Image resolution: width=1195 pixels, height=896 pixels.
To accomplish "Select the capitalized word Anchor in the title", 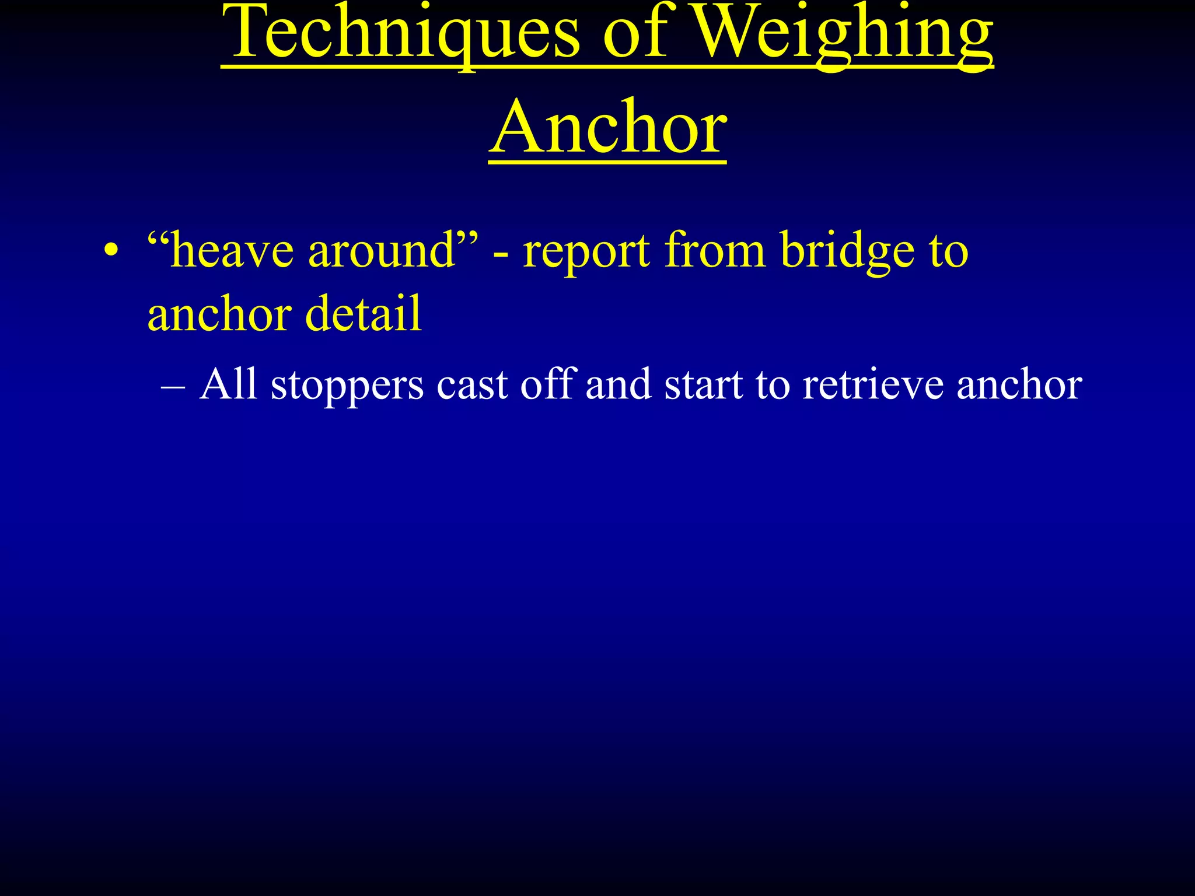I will point(608,128).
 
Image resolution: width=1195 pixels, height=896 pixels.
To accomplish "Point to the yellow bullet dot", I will point(111,252).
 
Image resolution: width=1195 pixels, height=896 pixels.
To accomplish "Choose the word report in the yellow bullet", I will point(586,252).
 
